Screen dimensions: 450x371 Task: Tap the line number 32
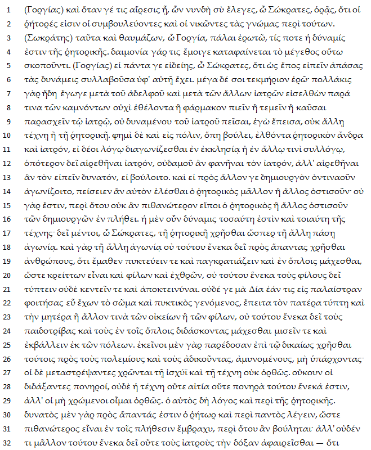pyautogui.click(x=10, y=442)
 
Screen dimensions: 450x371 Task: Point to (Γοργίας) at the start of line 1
pyautogui.click(x=45, y=10)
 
